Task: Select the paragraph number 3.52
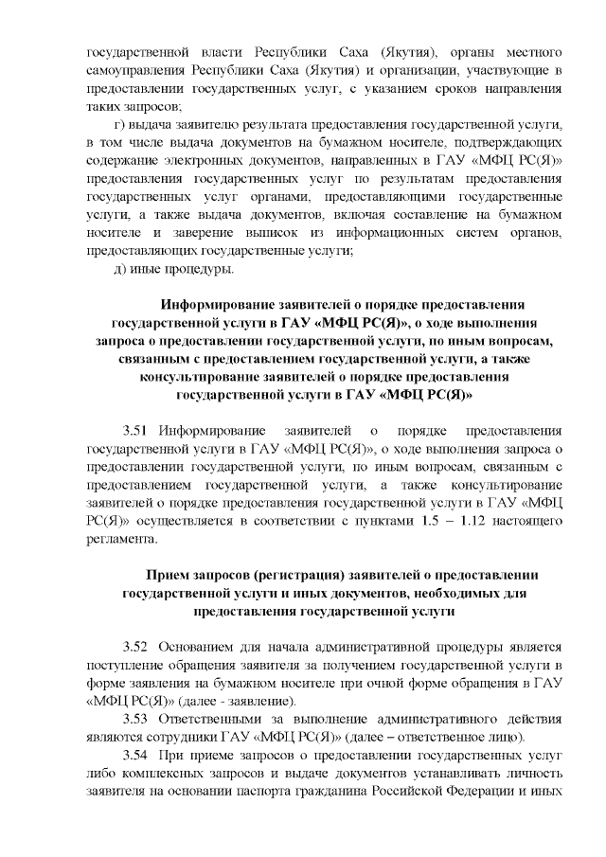(137, 648)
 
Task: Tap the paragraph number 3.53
(137, 720)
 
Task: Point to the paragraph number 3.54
(137, 756)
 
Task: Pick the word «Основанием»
(193, 648)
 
